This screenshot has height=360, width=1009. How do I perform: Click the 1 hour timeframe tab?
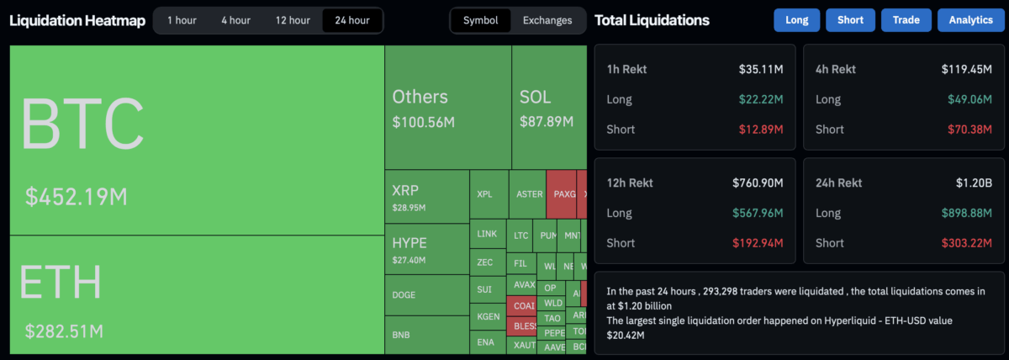click(x=182, y=20)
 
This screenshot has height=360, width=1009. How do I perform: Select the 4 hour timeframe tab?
click(x=235, y=20)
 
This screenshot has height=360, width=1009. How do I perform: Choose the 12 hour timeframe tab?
click(x=293, y=20)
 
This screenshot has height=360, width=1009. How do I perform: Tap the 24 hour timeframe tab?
click(x=351, y=20)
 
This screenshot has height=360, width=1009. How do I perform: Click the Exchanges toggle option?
click(x=547, y=20)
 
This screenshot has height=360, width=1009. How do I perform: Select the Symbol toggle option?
click(x=480, y=20)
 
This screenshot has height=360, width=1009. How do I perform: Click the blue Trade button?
click(x=906, y=20)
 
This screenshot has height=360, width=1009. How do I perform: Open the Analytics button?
click(x=970, y=20)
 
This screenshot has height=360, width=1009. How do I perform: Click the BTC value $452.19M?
click(x=77, y=197)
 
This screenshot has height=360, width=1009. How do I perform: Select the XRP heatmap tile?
click(x=426, y=196)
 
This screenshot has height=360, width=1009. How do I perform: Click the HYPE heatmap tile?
click(x=426, y=249)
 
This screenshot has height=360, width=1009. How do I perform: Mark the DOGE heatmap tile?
click(x=426, y=294)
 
